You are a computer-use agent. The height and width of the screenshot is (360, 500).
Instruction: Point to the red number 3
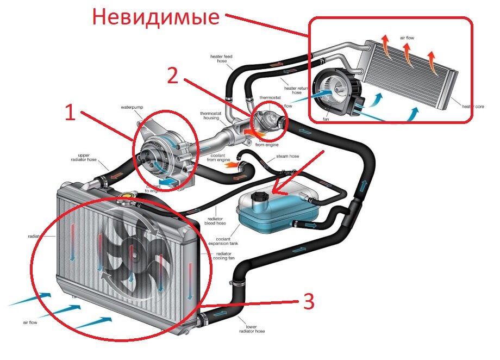click(x=308, y=302)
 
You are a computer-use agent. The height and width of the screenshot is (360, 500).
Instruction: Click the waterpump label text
click(x=131, y=107)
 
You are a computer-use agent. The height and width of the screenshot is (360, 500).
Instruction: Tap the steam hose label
click(x=287, y=157)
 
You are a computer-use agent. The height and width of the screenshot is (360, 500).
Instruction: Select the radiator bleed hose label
click(x=213, y=220)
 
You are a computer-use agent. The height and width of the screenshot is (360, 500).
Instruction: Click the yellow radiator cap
click(x=129, y=193)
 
